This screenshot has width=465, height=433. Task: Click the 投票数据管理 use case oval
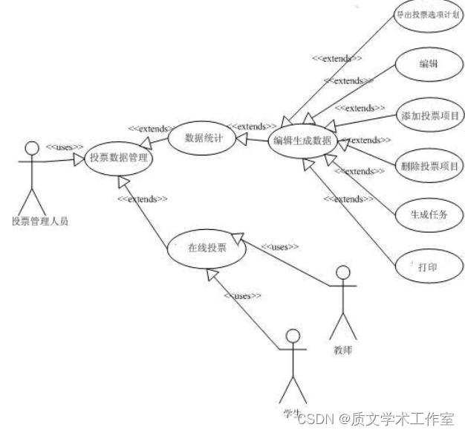119,158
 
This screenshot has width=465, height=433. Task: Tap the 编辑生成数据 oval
302,141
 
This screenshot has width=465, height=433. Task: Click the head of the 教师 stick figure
342,273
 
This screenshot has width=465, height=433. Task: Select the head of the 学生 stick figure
293,336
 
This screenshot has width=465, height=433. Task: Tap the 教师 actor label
342,349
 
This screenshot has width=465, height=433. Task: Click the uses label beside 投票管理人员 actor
64,147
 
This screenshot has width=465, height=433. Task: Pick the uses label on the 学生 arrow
242,295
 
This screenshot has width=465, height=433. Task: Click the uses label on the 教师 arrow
279,246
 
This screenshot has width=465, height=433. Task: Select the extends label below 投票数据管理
142,199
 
